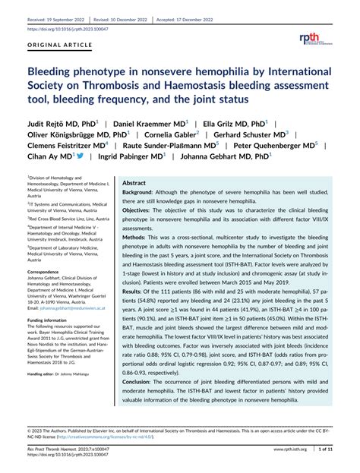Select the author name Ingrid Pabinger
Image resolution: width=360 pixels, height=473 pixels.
[125, 157]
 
